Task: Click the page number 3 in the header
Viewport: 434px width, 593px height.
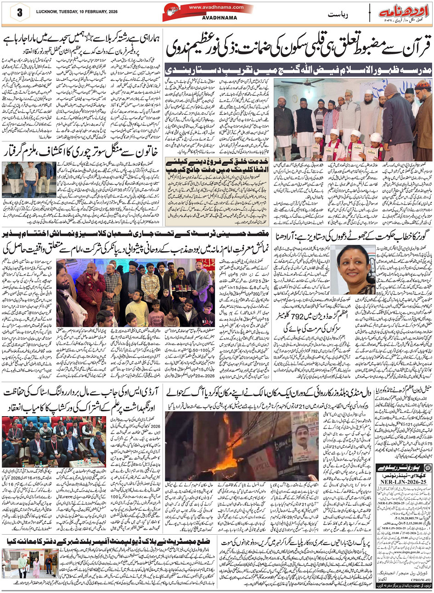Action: click(x=20, y=13)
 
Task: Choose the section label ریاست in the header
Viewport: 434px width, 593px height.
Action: click(x=338, y=15)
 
